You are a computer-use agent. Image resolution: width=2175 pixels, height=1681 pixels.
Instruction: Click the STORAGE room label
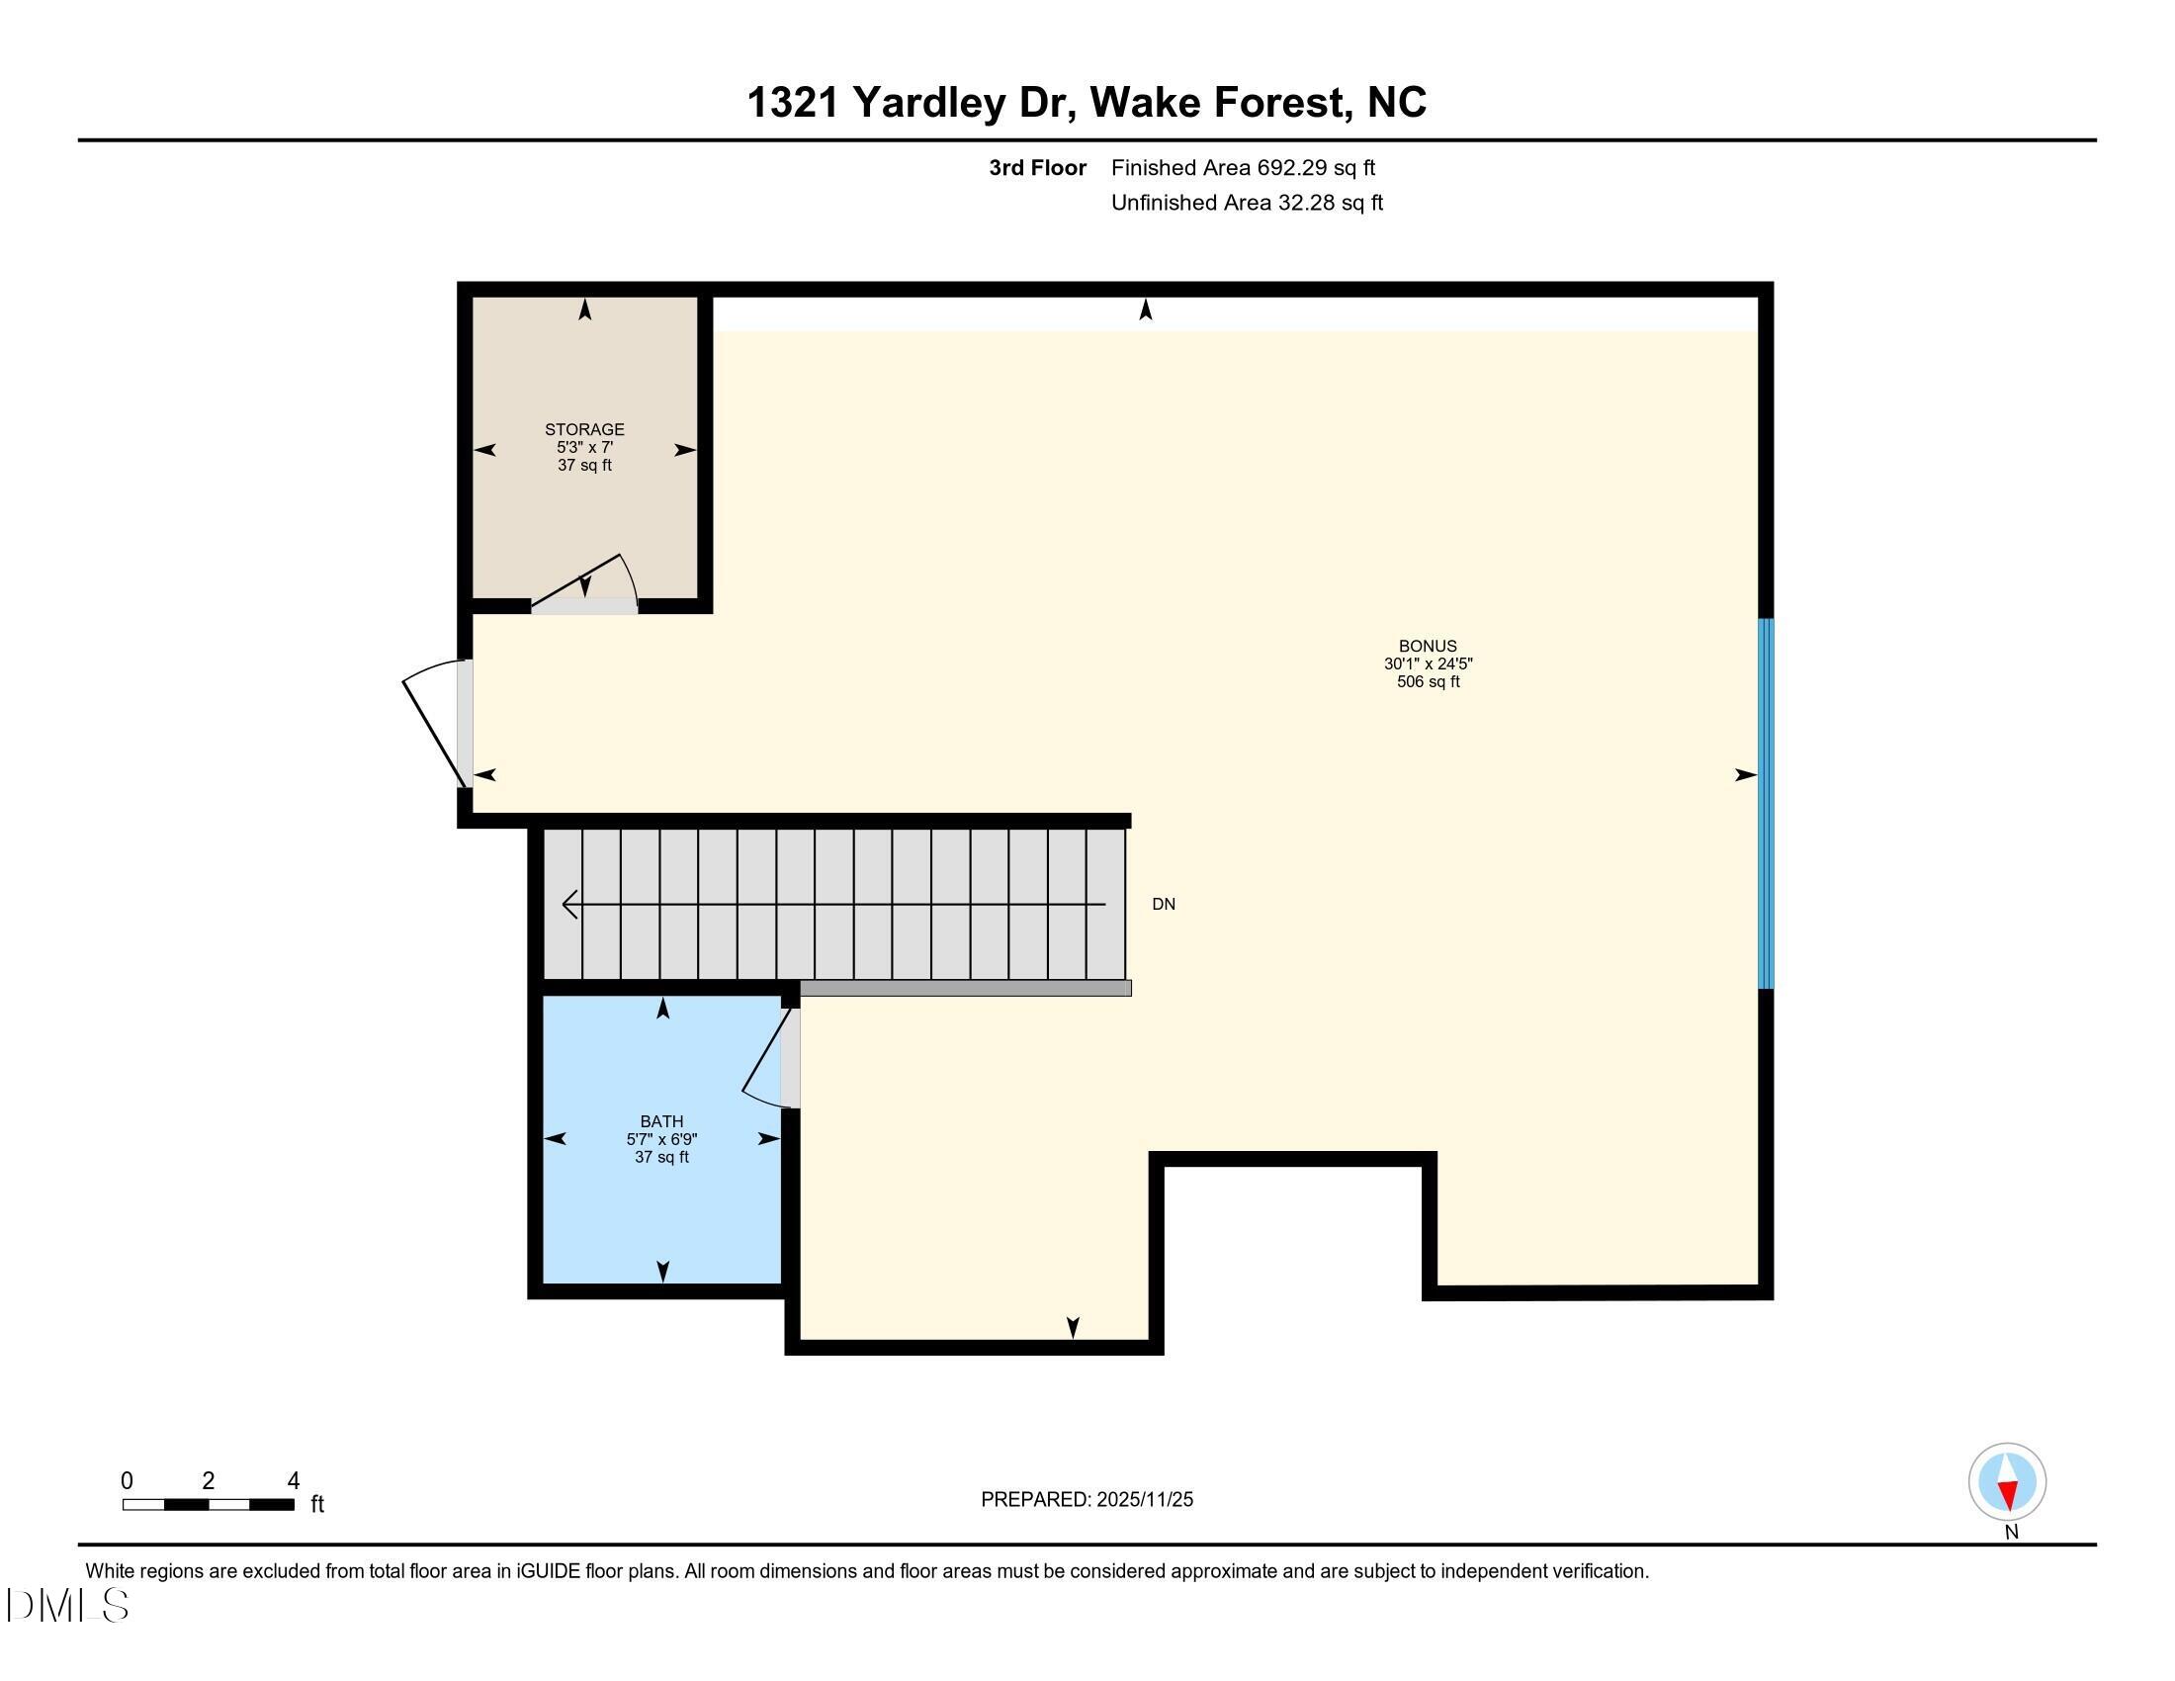click(x=584, y=429)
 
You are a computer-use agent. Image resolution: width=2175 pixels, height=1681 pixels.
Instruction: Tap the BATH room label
click(x=661, y=1121)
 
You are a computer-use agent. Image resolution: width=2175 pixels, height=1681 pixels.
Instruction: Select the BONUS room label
click(x=1427, y=646)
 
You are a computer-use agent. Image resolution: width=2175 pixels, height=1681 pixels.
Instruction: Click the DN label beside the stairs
click(x=1164, y=904)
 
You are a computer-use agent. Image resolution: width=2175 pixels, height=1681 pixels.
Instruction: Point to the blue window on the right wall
click(x=1766, y=803)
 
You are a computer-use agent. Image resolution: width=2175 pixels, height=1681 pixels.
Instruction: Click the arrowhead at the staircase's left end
click(x=570, y=904)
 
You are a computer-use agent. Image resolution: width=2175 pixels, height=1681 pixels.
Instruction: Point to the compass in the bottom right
click(x=2007, y=1482)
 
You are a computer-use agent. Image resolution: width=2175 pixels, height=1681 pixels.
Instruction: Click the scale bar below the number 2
click(x=209, y=1505)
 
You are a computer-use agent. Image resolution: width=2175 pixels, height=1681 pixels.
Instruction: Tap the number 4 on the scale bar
click(x=293, y=1481)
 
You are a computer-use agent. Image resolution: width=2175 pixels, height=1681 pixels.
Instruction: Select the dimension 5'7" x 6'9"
click(x=661, y=1139)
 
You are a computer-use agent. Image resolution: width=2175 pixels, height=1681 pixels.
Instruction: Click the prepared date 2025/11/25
click(x=1143, y=1500)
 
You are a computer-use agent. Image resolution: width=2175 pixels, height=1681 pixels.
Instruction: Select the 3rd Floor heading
click(x=1037, y=168)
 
